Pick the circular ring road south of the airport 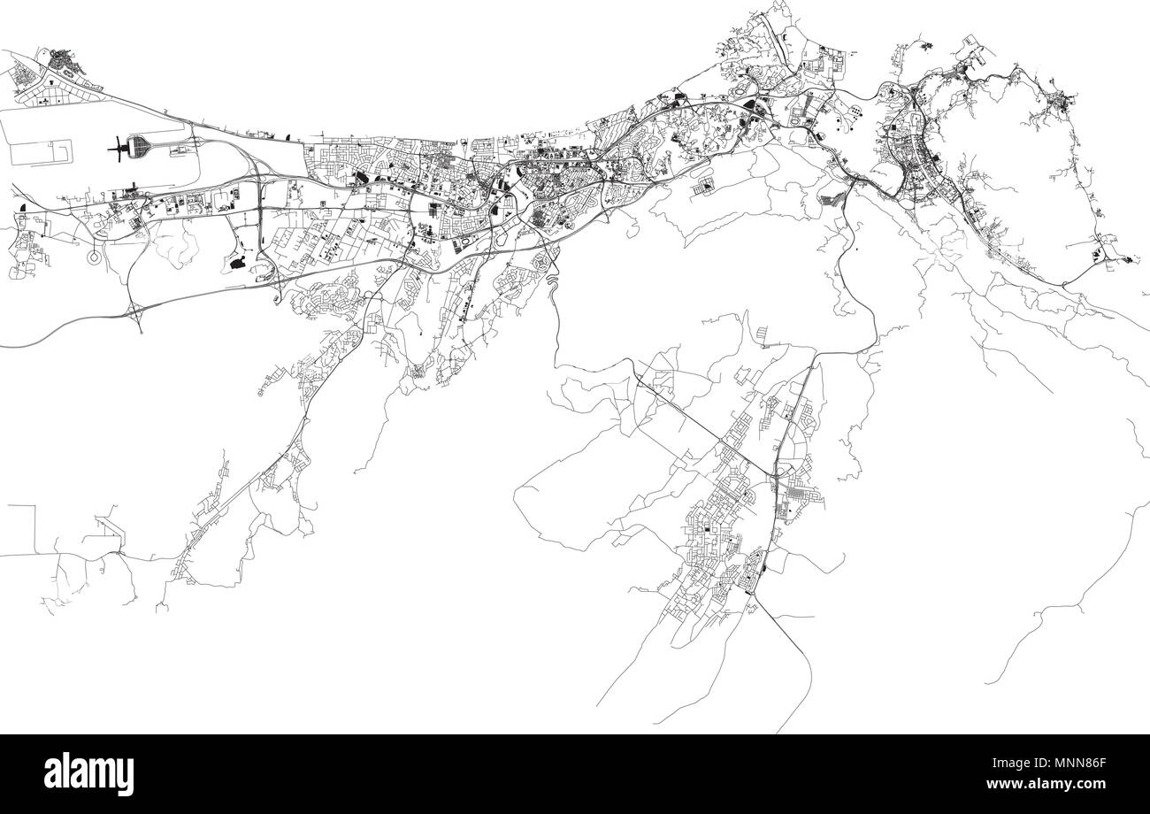[94, 257]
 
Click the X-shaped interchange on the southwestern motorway [136, 311]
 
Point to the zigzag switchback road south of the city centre [550, 284]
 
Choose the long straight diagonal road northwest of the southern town [699, 425]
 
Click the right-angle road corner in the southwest [35, 507]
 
